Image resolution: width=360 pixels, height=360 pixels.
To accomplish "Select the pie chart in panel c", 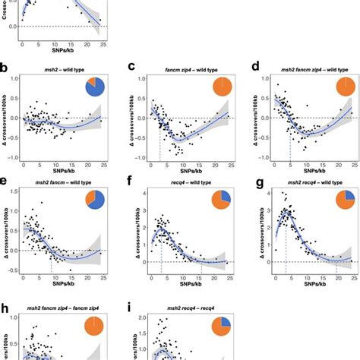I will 222,86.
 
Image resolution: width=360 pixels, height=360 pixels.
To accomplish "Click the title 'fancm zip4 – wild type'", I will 182,69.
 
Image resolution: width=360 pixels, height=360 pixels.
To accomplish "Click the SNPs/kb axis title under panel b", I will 62,173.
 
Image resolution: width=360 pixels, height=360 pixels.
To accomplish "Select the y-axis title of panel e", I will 7,228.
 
